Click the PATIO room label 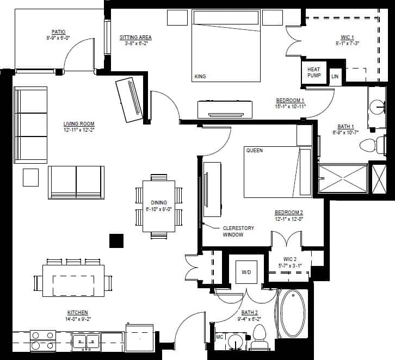pyautogui.click(x=59, y=32)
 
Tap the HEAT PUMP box pyautogui.click(x=314, y=73)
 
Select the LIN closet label pyautogui.click(x=335, y=77)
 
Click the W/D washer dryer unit pyautogui.click(x=245, y=270)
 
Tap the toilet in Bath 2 pyautogui.click(x=258, y=337)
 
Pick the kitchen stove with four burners pyautogui.click(x=42, y=340)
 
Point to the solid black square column pyautogui.click(x=116, y=240)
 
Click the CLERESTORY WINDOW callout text pyautogui.click(x=238, y=232)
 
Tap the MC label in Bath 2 pyautogui.click(x=220, y=337)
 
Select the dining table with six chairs pyautogui.click(x=158, y=206)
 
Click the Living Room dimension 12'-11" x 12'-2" pyautogui.click(x=79, y=131)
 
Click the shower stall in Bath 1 pyautogui.click(x=343, y=179)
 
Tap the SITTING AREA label pyautogui.click(x=135, y=38)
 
